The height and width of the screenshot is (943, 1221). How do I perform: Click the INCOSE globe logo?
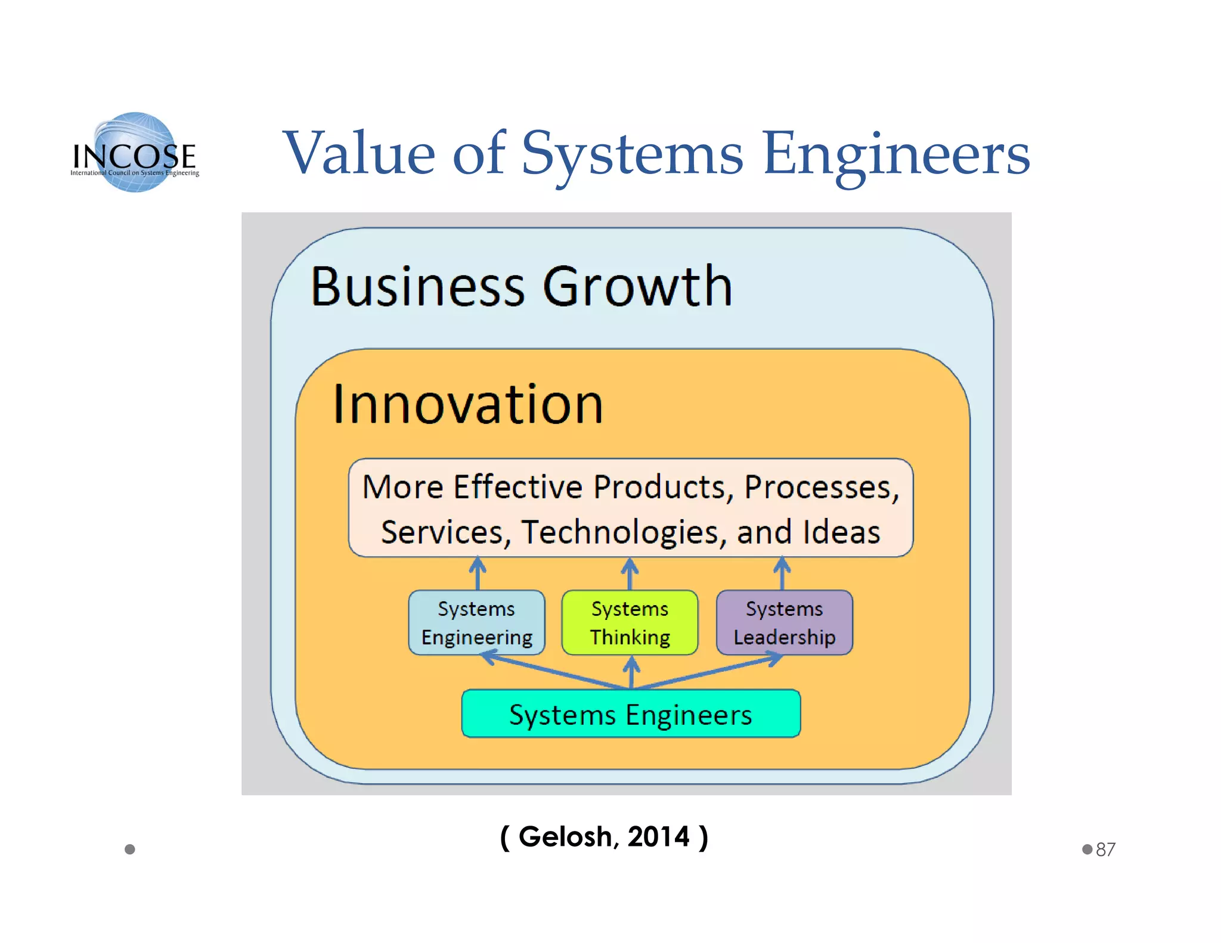tap(135, 152)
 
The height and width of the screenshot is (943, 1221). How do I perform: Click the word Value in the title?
tap(360, 153)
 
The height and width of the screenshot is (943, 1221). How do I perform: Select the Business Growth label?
tap(521, 287)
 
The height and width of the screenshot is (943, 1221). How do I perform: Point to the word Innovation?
tap(468, 405)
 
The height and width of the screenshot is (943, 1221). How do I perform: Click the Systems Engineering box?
tap(476, 622)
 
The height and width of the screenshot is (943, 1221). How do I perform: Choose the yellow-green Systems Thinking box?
tap(630, 622)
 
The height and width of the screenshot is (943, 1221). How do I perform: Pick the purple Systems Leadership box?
tap(784, 622)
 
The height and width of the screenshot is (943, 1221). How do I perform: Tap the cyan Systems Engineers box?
tap(631, 714)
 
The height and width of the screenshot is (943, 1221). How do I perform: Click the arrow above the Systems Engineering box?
tap(478, 573)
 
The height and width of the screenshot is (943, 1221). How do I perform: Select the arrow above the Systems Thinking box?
tap(630, 573)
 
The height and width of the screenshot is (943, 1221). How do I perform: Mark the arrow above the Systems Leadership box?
tap(782, 573)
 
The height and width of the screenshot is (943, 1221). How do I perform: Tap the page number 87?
tap(1105, 849)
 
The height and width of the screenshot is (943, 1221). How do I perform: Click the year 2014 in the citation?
tap(658, 836)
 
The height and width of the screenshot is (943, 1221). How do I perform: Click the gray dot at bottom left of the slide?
tap(130, 849)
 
